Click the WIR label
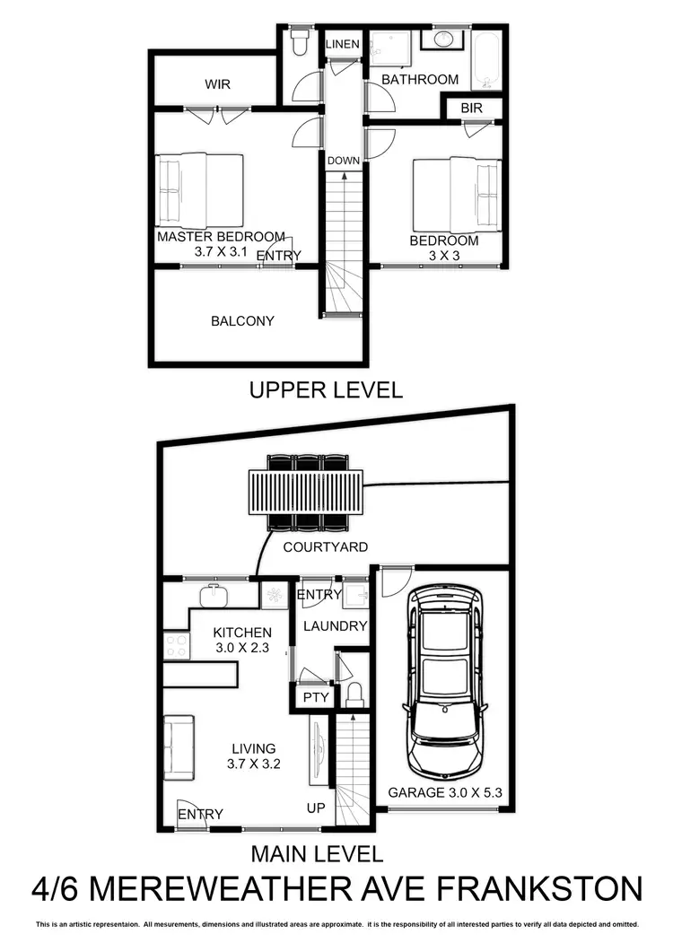(x=218, y=84)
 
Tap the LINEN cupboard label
(x=342, y=44)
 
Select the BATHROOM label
(x=420, y=79)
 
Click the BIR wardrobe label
(x=472, y=108)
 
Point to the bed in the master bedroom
(x=199, y=191)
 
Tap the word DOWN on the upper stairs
(x=344, y=161)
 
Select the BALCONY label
(x=242, y=320)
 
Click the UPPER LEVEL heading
(x=326, y=390)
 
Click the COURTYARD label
(x=326, y=546)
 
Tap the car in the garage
(x=443, y=683)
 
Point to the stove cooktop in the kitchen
(x=175, y=643)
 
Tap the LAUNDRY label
(x=336, y=626)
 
